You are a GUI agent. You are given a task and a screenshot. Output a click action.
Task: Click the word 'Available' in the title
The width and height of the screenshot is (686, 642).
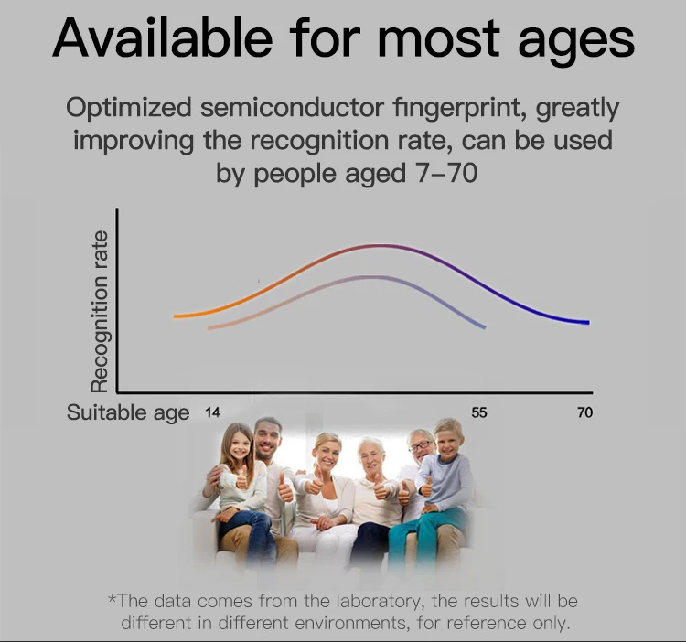pyautogui.click(x=162, y=37)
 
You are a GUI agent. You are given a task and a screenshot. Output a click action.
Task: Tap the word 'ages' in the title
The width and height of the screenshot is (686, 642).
pyautogui.click(x=576, y=43)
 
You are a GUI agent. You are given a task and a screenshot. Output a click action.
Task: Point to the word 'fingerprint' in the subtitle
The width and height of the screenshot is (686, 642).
pyautogui.click(x=460, y=109)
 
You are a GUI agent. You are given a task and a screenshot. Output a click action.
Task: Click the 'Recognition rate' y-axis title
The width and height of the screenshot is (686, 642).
pyautogui.click(x=100, y=311)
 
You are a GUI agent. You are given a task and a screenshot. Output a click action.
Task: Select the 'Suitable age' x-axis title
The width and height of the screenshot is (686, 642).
pyautogui.click(x=128, y=412)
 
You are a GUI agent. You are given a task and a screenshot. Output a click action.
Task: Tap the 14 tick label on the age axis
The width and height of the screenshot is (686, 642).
pyautogui.click(x=212, y=412)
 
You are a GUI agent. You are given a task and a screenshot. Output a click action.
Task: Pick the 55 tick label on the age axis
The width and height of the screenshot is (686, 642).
pyautogui.click(x=479, y=412)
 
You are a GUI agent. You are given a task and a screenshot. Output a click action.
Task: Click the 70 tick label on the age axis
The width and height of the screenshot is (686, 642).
pyautogui.click(x=585, y=412)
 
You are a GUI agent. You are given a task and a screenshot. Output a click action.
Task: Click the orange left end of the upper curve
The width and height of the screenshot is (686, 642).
pyautogui.click(x=176, y=316)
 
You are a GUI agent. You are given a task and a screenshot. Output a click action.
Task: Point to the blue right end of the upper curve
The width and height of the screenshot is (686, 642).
pyautogui.click(x=587, y=322)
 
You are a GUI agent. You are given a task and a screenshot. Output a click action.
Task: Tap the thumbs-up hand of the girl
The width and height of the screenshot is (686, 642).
pyautogui.click(x=241, y=478)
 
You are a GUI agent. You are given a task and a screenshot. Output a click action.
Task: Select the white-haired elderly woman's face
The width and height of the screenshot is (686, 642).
pyautogui.click(x=372, y=456)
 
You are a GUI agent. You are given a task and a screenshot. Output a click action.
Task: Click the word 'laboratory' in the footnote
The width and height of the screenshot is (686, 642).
pyautogui.click(x=378, y=602)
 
